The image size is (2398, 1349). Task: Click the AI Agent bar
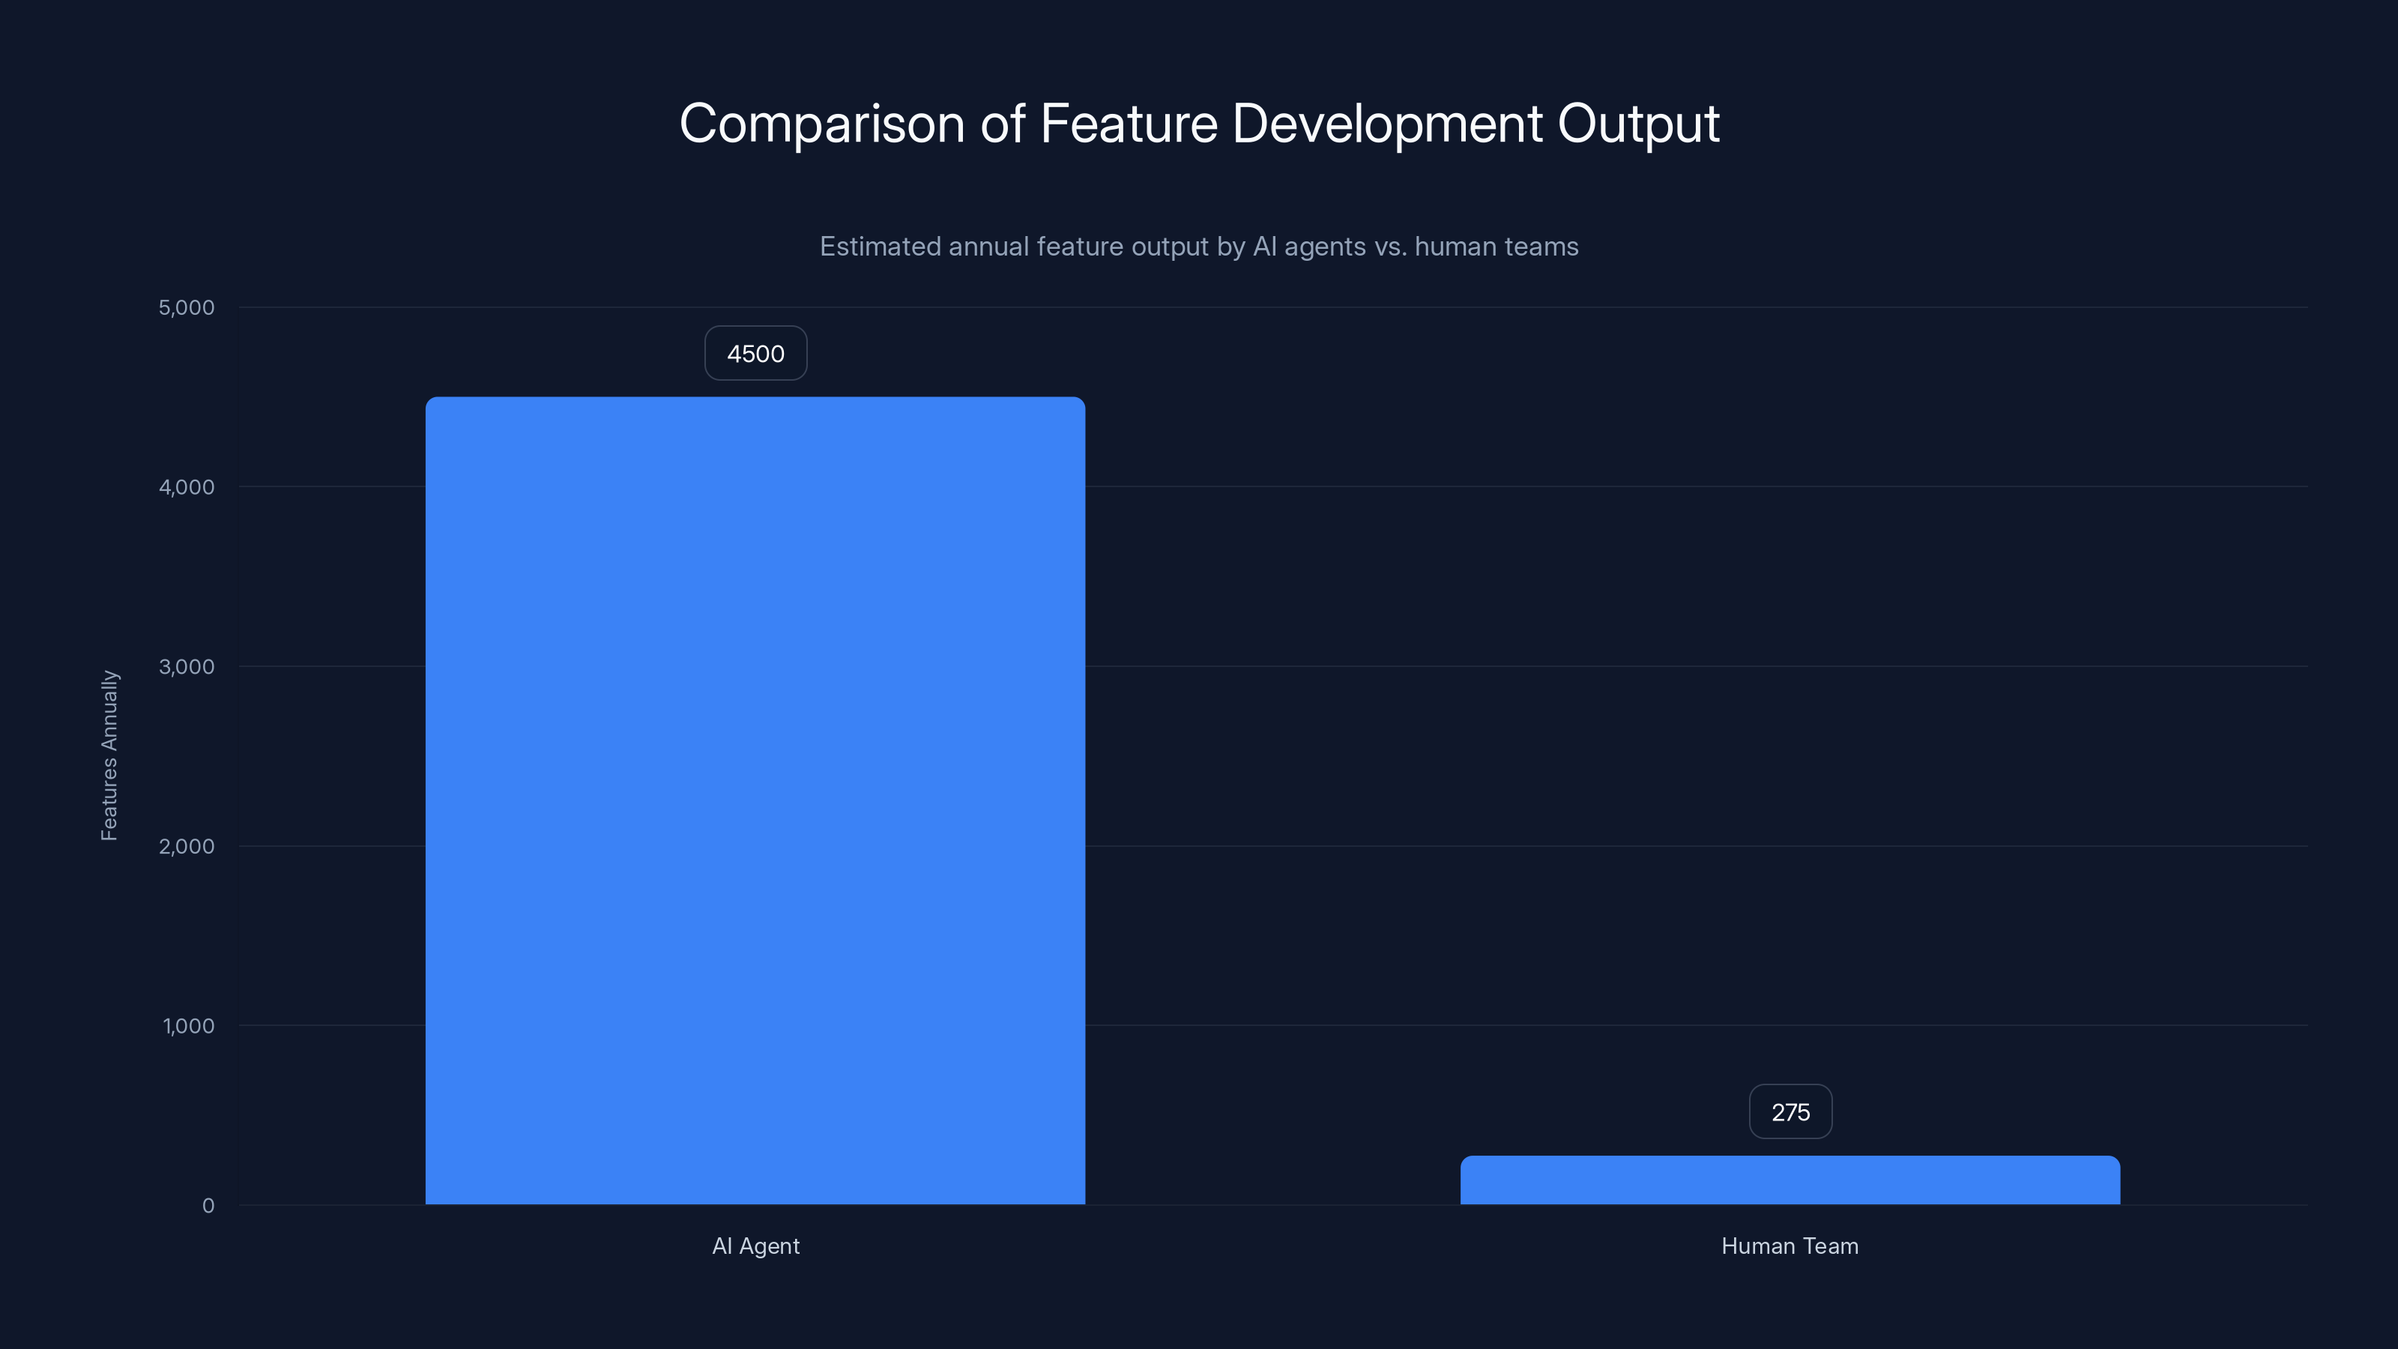(x=755, y=800)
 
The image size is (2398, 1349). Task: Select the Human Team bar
(x=1790, y=1180)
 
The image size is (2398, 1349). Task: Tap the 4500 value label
(x=755, y=354)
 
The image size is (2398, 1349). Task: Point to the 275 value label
(x=1790, y=1111)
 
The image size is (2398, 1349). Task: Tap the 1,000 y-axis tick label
(x=188, y=1026)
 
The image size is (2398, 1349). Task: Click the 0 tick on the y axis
(x=208, y=1206)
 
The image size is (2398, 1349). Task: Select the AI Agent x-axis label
(x=755, y=1246)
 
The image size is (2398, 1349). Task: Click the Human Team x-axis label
(x=1790, y=1246)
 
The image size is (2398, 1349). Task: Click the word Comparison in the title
(x=821, y=124)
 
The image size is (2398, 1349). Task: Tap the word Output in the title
(x=1637, y=124)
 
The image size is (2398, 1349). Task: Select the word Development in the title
(x=1387, y=124)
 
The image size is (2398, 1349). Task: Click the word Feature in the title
(x=1129, y=124)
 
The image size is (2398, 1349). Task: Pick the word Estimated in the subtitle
(x=879, y=247)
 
